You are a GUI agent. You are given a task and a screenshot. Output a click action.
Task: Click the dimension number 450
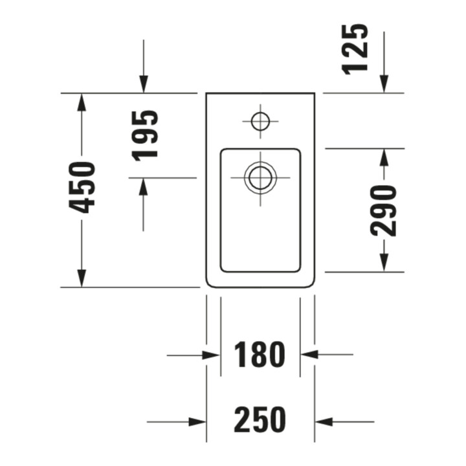tap(82, 188)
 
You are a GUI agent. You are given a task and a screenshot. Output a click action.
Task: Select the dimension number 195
tap(145, 136)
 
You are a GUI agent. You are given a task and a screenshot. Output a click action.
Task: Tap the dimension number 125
tap(355, 49)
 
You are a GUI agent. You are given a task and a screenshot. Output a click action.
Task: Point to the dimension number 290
tap(383, 210)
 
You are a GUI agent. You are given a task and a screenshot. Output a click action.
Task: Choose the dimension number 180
tap(260, 355)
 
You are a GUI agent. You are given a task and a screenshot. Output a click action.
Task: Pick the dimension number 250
tap(260, 419)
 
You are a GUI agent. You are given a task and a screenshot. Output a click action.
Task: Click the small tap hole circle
tap(260, 121)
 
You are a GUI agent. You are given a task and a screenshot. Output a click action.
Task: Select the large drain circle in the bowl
tap(260, 178)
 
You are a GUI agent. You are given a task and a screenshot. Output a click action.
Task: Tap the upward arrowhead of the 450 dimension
tap(82, 102)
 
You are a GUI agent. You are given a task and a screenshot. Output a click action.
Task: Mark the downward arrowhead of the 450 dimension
tap(82, 278)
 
